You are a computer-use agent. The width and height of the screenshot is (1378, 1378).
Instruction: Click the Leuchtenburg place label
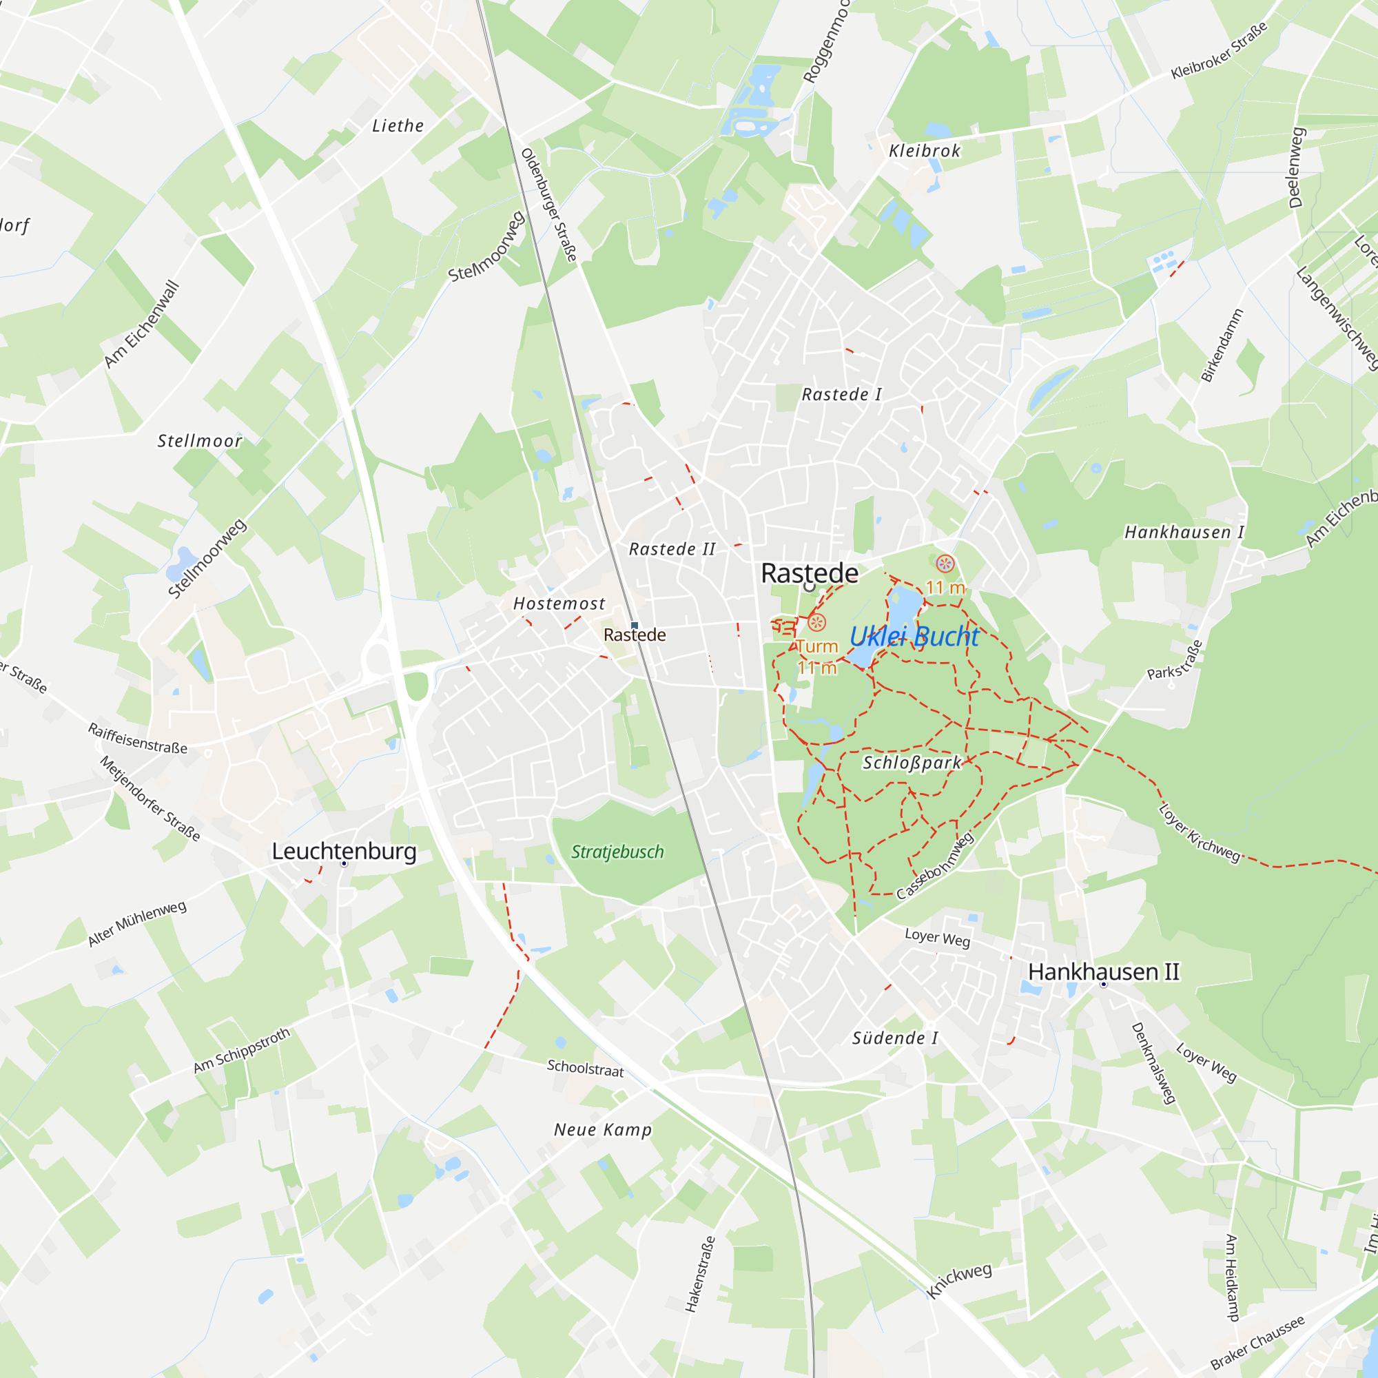[344, 851]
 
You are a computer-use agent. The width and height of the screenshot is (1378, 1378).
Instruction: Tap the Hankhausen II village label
[1102, 971]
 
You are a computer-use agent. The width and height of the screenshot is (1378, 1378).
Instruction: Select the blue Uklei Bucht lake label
[914, 636]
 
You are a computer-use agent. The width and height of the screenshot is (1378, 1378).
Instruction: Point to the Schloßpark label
[912, 763]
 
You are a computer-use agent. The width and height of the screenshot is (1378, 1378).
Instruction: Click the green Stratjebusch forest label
[617, 852]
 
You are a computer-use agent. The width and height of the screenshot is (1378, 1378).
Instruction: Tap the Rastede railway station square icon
[634, 626]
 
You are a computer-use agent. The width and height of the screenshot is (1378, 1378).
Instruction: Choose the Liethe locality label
[398, 126]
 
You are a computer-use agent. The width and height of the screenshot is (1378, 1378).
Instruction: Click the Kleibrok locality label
[925, 150]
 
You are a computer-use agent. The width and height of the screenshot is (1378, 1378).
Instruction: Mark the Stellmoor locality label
[200, 441]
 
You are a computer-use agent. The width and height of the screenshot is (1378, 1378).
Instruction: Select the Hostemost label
[559, 604]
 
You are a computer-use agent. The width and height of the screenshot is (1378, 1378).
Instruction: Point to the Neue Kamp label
[603, 1130]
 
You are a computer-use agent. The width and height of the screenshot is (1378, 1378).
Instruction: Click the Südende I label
[895, 1038]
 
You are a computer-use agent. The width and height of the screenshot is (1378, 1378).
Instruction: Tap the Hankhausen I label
[1184, 532]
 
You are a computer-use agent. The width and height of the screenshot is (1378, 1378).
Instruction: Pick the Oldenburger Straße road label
[548, 205]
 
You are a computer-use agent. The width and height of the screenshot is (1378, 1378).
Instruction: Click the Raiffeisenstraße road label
[138, 738]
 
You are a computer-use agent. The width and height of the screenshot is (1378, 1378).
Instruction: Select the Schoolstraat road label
[585, 1068]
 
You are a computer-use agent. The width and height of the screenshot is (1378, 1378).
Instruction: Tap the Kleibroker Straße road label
[1219, 50]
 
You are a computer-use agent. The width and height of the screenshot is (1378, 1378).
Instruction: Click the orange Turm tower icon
[816, 623]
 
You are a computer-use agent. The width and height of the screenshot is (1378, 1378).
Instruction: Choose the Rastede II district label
[672, 549]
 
